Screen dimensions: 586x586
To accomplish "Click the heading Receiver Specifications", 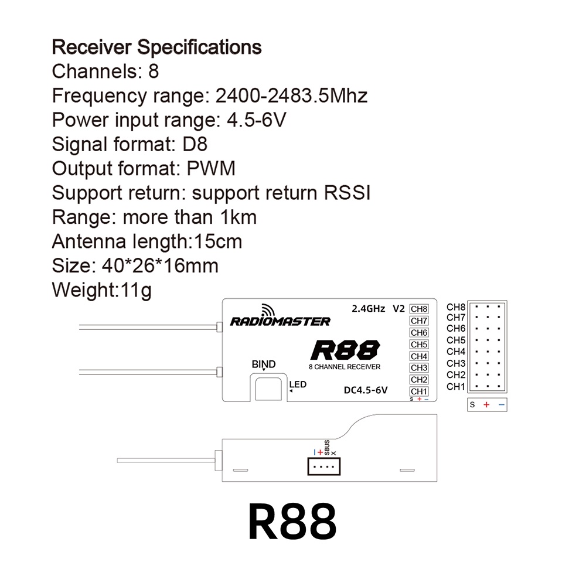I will pyautogui.click(x=156, y=46).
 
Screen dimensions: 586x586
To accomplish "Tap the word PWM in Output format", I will pyautogui.click(x=211, y=168).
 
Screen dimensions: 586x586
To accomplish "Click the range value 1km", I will pyautogui.click(x=239, y=217).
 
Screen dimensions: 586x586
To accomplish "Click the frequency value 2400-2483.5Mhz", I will pyautogui.click(x=292, y=96).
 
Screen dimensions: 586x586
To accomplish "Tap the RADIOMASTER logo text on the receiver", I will pyautogui.click(x=280, y=321).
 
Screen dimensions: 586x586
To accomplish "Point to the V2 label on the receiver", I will pyautogui.click(x=398, y=308).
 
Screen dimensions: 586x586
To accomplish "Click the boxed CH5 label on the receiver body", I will pyautogui.click(x=419, y=345).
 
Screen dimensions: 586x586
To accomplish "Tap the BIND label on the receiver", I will pyautogui.click(x=263, y=364).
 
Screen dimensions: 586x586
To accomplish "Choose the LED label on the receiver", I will pyautogui.click(x=298, y=384).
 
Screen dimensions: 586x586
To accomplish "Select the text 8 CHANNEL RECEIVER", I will pyautogui.click(x=345, y=367).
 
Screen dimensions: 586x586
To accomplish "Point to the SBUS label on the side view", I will pyautogui.click(x=327, y=448).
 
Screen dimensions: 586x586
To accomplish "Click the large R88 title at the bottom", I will pyautogui.click(x=292, y=522).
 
